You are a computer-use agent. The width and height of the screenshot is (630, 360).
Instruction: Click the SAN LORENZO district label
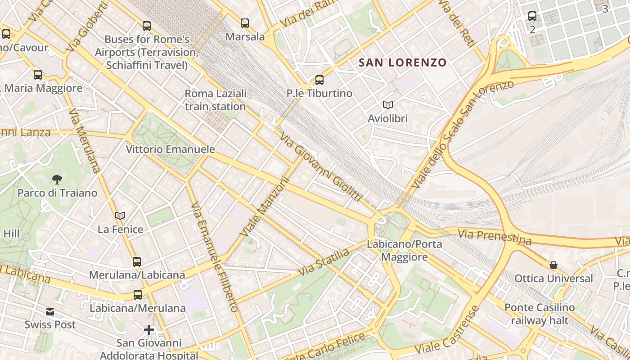tap(402, 63)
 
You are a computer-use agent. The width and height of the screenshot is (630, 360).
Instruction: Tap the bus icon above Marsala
tap(245, 23)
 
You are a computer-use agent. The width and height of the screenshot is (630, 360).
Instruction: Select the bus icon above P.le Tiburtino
tap(319, 80)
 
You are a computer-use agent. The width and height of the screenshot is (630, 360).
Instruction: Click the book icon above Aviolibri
tap(387, 105)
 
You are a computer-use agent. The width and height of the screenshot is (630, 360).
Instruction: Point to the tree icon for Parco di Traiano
tap(57, 180)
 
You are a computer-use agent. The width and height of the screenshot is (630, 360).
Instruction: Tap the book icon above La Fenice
tap(120, 216)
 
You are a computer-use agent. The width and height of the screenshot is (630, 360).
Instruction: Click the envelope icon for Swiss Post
tap(50, 311)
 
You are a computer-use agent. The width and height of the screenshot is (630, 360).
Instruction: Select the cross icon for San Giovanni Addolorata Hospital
tap(149, 330)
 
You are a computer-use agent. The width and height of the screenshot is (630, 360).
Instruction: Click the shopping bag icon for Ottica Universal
tap(553, 265)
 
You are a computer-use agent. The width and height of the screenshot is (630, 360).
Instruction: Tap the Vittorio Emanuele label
tap(170, 149)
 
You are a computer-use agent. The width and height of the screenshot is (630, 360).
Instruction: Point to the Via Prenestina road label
tap(495, 236)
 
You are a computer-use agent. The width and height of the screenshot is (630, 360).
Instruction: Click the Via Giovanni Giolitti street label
tap(321, 167)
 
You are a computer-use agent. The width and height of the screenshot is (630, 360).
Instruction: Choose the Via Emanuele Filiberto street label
tap(214, 257)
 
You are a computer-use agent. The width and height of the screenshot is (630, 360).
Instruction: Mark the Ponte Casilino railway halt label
tap(540, 314)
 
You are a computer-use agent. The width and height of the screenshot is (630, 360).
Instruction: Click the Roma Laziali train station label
tap(216, 100)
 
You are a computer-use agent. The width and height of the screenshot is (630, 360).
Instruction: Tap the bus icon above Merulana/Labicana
tap(137, 261)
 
